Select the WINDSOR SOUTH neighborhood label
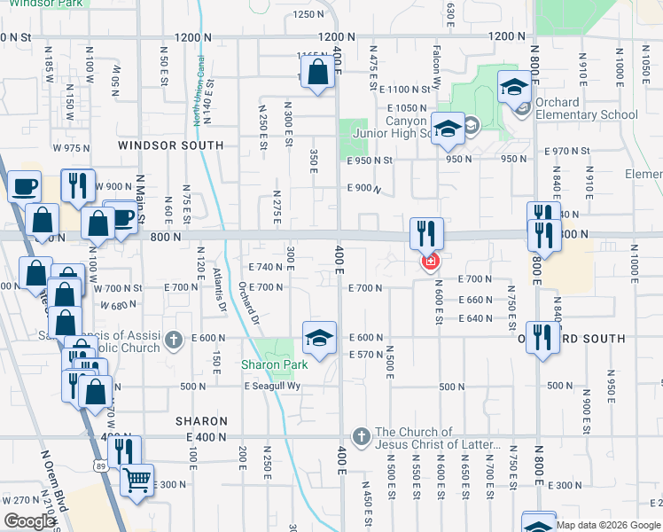click(171, 145)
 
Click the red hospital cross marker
click(431, 261)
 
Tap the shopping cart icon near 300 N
click(136, 481)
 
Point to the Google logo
click(28, 521)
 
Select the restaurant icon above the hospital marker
click(427, 234)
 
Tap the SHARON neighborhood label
click(197, 420)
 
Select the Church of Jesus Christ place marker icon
click(360, 436)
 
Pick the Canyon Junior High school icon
click(448, 129)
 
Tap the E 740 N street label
click(265, 267)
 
